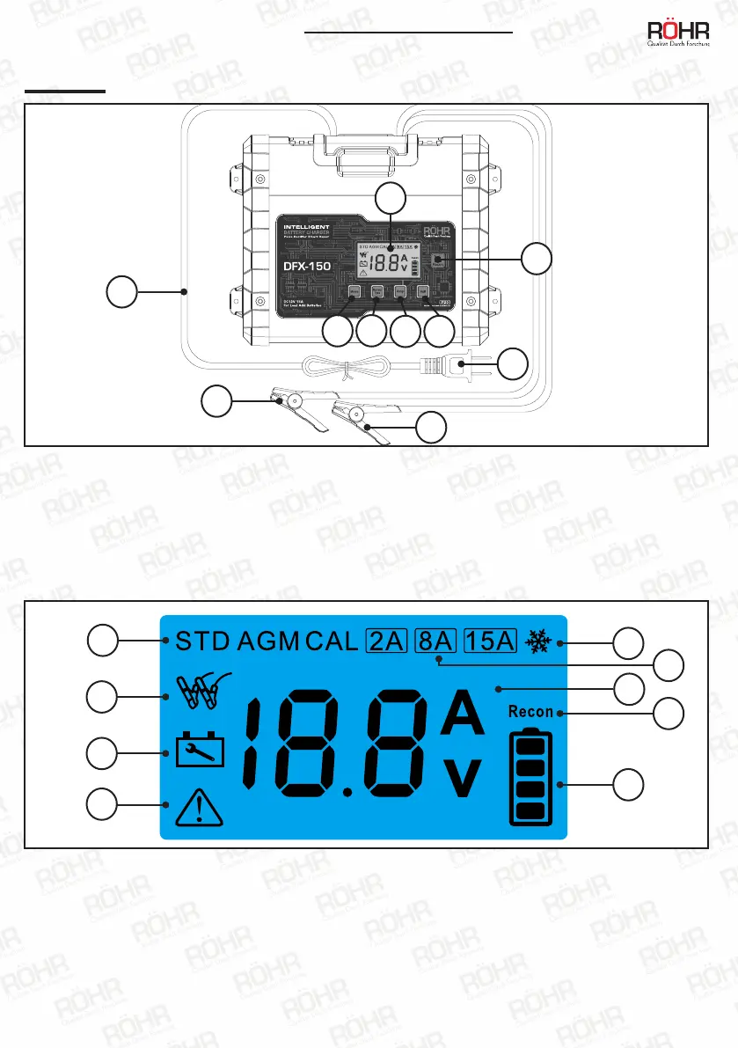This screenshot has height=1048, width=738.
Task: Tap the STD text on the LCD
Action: pos(201,640)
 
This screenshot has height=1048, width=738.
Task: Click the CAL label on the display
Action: pos(332,640)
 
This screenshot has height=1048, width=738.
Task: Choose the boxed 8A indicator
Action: pos(435,640)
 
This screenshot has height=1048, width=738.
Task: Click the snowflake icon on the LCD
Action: pos(537,641)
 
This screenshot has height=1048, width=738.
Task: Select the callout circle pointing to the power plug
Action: pos(514,363)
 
